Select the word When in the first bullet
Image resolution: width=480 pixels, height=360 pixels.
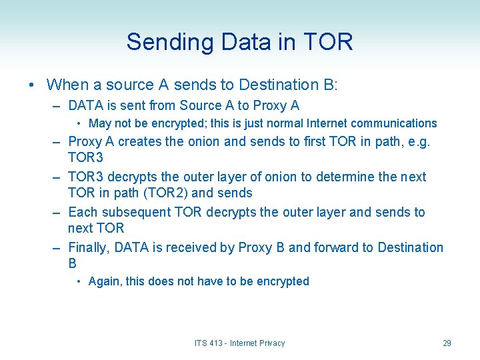(68, 85)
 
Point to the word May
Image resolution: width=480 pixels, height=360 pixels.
(100, 123)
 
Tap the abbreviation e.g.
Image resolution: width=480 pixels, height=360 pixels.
(419, 141)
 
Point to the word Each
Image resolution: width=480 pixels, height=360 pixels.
(83, 212)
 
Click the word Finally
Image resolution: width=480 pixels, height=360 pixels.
(89, 248)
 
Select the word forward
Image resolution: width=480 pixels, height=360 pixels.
(335, 248)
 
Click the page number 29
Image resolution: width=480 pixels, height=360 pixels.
(447, 343)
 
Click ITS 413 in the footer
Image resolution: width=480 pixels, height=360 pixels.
(208, 343)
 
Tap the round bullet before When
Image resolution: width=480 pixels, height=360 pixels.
(32, 85)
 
